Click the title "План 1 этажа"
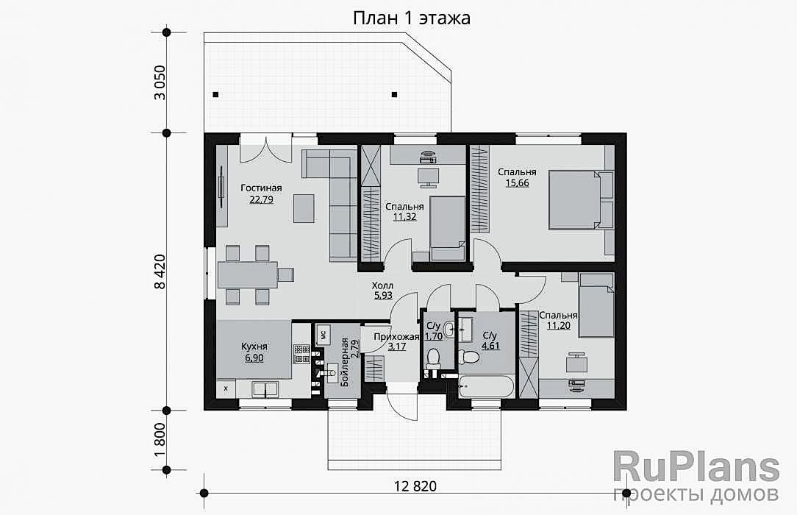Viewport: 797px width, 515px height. click(412, 18)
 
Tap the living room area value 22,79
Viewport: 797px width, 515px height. click(261, 199)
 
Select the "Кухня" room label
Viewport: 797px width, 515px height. click(254, 347)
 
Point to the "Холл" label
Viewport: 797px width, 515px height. click(382, 285)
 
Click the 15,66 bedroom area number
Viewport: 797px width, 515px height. click(517, 183)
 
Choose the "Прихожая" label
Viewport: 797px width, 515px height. click(396, 336)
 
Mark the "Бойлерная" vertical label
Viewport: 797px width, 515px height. click(345, 362)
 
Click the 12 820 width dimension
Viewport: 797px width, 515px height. click(415, 486)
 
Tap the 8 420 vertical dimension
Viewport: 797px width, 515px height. click(160, 272)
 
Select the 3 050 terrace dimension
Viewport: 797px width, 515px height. click(160, 82)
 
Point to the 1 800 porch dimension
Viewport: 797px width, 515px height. click(160, 440)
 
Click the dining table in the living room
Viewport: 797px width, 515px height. click(248, 274)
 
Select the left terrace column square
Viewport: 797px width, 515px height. click(216, 94)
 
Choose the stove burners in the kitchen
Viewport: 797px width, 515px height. click(301, 355)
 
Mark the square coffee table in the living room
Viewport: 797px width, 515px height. click(304, 208)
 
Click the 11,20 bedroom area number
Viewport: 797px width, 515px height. click(558, 325)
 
